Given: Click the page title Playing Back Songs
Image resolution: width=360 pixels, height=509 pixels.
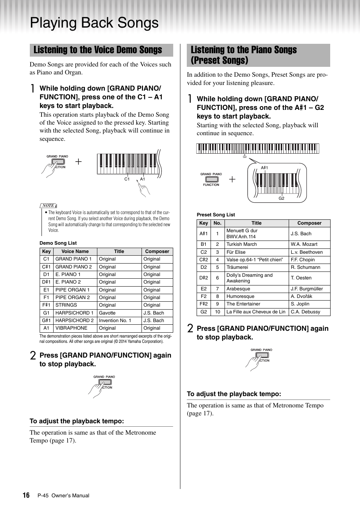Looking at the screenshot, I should [x=94, y=23].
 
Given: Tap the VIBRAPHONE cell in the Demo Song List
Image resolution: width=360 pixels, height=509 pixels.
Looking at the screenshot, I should [x=71, y=328].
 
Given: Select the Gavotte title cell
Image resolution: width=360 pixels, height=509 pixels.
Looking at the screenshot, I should [x=107, y=313].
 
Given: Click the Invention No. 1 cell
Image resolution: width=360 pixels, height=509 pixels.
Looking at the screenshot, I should [x=115, y=320].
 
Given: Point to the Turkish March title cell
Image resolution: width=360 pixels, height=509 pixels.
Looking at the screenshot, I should [x=242, y=244].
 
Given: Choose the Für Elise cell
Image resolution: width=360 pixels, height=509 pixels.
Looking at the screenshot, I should [x=236, y=252].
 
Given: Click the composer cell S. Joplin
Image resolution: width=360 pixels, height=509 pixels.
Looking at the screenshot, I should [x=300, y=304].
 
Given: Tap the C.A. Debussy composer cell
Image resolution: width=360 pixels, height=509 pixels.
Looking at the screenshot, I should [x=305, y=312].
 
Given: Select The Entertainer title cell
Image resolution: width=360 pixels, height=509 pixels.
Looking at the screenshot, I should [x=243, y=304].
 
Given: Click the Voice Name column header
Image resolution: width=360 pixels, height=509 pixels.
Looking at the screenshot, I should [x=75, y=251].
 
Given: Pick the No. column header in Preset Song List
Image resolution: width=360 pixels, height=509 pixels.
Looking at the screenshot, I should [x=217, y=223].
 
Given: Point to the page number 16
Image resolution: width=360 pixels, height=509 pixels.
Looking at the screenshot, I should [x=26, y=495].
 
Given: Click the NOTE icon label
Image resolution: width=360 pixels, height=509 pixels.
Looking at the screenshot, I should [x=48, y=205].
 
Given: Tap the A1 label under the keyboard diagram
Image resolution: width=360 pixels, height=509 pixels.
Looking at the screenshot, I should [x=143, y=179].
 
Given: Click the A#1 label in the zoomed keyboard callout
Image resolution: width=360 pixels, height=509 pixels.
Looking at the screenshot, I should [x=265, y=168].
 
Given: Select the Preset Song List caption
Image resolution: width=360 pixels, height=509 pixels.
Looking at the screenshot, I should [x=216, y=214].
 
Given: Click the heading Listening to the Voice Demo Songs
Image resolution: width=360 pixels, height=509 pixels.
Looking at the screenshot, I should [x=98, y=50].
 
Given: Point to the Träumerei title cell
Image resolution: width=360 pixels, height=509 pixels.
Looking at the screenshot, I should [x=237, y=267].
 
